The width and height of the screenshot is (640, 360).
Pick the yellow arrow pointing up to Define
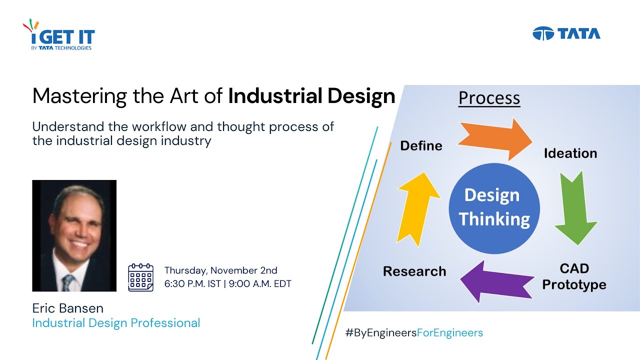pos(417,207)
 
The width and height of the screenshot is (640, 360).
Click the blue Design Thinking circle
pos(494,207)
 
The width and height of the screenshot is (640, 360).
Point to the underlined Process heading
pos(489,98)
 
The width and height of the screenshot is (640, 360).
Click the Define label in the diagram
pos(421,145)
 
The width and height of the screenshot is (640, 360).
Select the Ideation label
pos(570,153)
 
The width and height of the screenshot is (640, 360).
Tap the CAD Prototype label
pos(574,276)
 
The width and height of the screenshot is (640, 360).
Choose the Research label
pos(414,271)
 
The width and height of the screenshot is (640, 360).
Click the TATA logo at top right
pos(566,33)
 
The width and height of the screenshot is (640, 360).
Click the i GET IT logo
pos(59,36)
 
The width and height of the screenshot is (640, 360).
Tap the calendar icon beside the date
pos(140,277)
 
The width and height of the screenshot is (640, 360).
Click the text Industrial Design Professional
pos(116,323)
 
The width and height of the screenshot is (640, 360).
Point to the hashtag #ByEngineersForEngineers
pos(414,332)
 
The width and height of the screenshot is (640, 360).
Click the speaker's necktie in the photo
pos(67,283)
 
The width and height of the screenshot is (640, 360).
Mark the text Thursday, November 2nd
pos(220,270)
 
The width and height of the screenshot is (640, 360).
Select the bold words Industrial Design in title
pos(311,96)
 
